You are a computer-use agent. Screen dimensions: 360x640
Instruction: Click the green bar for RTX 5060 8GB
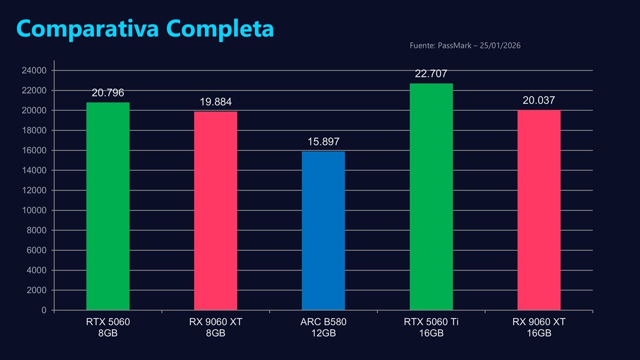coord(108,206)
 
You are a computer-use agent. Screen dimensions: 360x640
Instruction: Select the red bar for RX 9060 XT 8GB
coord(215,211)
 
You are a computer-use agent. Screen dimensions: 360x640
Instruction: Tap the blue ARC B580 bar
coord(323,231)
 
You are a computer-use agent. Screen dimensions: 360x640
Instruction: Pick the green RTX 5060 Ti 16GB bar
coord(431,197)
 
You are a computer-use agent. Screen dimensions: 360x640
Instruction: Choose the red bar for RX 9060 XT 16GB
coord(539,210)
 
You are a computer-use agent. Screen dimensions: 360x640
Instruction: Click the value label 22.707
coord(431,74)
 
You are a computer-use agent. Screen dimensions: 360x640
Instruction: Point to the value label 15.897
coord(323,142)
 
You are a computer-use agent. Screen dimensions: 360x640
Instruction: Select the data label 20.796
coord(108,93)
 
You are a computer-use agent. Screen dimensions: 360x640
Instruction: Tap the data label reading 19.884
coord(215,102)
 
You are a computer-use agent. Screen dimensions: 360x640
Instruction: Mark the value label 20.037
coord(539,100)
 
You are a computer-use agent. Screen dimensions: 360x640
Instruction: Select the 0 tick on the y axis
coord(44,310)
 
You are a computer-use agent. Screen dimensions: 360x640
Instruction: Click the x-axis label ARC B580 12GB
coord(323,327)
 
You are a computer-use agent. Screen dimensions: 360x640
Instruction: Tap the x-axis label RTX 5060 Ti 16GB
coord(431,327)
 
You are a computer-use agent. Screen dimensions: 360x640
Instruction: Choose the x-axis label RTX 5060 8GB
coord(108,327)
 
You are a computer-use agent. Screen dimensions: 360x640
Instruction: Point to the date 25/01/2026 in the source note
coord(500,46)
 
